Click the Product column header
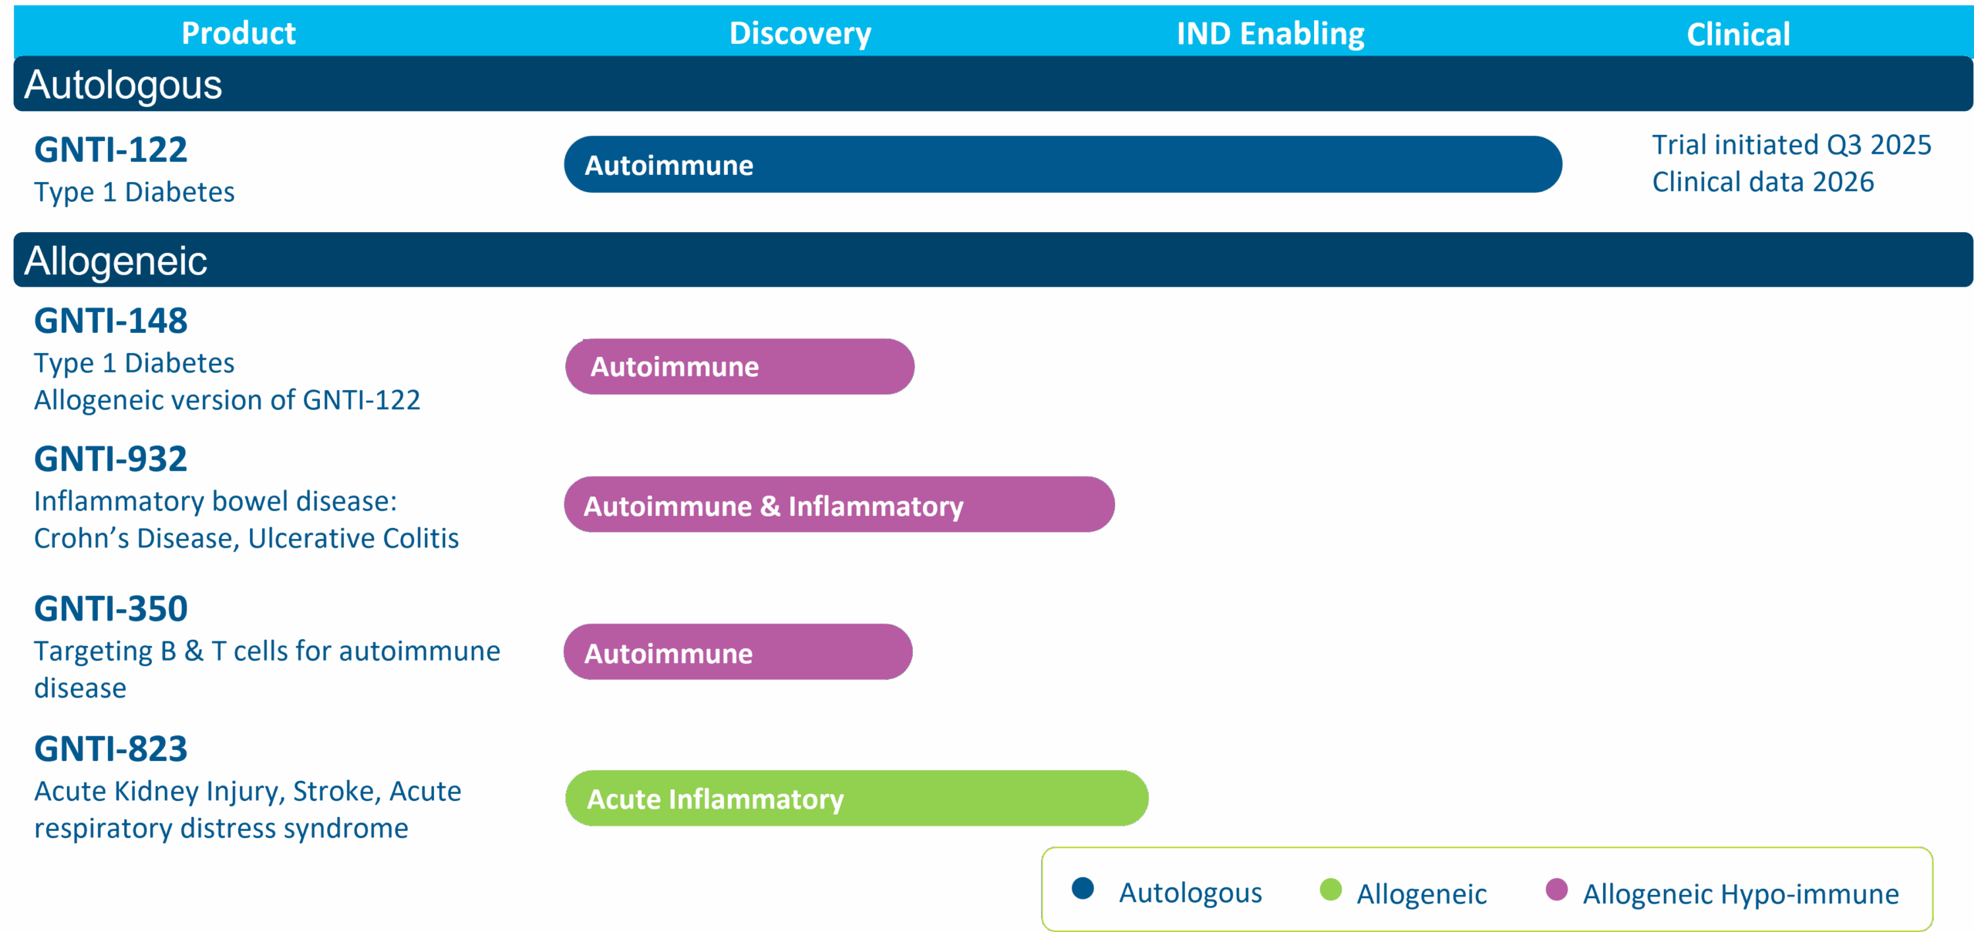pyautogui.click(x=238, y=33)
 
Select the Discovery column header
pyautogui.click(x=800, y=34)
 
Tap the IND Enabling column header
pyautogui.click(x=1270, y=34)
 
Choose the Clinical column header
pyautogui.click(x=1738, y=34)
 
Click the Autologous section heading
pyautogui.click(x=123, y=85)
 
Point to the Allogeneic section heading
pyautogui.click(x=116, y=261)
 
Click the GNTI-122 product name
pyautogui.click(x=110, y=150)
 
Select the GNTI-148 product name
pyautogui.click(x=110, y=321)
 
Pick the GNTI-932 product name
pyautogui.click(x=110, y=459)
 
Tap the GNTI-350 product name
pyautogui.click(x=110, y=608)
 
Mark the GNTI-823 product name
pyautogui.click(x=110, y=749)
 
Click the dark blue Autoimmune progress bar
pyautogui.click(x=1063, y=164)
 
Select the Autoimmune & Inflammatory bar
pyautogui.click(x=839, y=504)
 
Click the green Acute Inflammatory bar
pyautogui.click(x=857, y=798)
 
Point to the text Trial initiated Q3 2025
pyautogui.click(x=1791, y=145)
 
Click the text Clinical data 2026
pyautogui.click(x=1763, y=182)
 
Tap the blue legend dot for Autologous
pyautogui.click(x=1083, y=888)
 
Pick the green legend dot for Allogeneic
pyautogui.click(x=1331, y=889)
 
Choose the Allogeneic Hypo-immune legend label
pyautogui.click(x=1740, y=894)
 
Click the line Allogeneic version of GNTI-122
pyautogui.click(x=227, y=400)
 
